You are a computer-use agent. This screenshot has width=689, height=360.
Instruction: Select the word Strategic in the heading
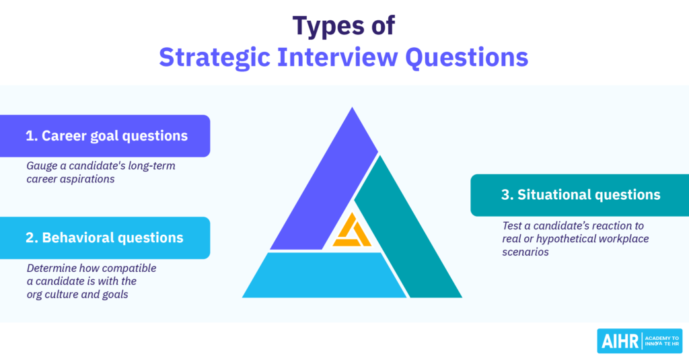coord(215,58)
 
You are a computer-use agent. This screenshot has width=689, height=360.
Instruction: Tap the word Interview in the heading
coord(338,57)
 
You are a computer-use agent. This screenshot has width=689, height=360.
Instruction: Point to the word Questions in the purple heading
coord(467,58)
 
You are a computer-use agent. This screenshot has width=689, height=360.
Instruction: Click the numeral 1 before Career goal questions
coord(30,136)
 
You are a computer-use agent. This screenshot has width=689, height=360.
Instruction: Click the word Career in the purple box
coord(64,136)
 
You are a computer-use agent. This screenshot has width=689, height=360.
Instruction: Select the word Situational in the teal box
coord(551,194)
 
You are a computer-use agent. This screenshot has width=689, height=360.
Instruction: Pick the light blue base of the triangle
coord(325,275)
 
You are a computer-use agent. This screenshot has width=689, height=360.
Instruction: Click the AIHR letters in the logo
coord(620,342)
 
